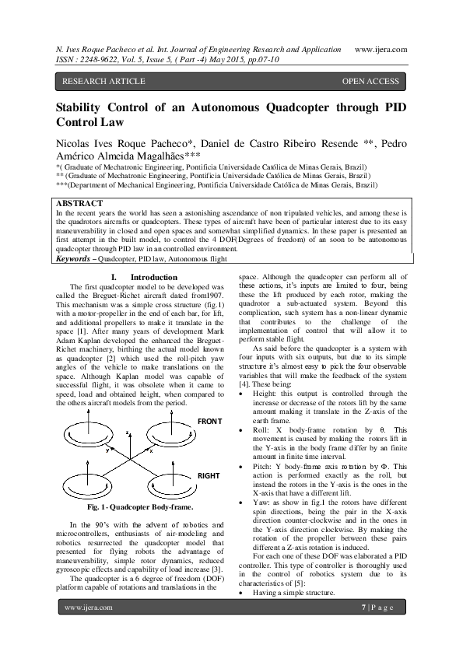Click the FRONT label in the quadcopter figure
[210, 421]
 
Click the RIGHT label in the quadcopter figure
[209, 474]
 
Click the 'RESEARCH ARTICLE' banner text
[103, 81]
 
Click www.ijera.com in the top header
[381, 48]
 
